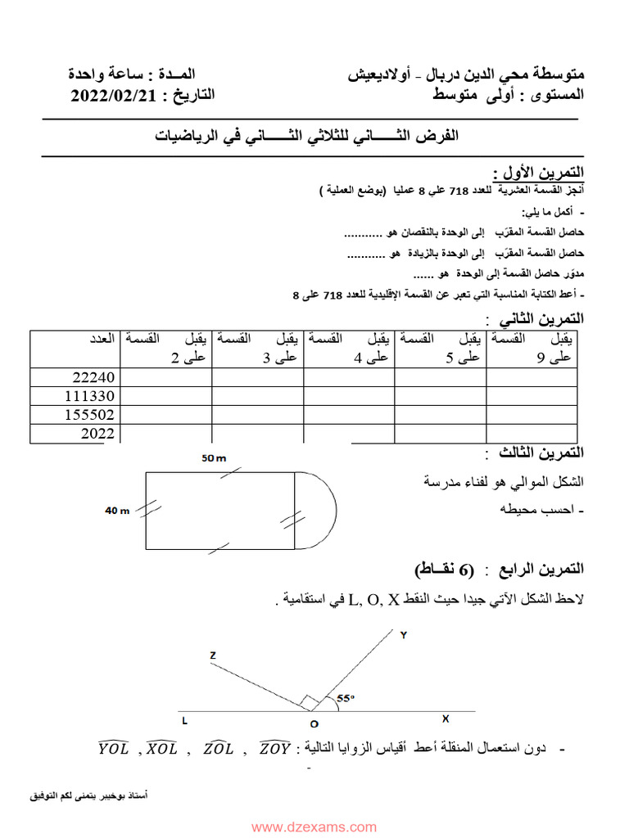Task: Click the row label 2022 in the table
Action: coord(98,434)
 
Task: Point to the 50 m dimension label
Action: coord(214,458)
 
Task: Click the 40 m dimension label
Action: coord(118,510)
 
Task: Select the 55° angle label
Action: coord(346,698)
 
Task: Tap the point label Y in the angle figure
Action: coord(403,634)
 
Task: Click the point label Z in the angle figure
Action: coord(212,655)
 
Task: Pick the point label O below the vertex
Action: coord(314,723)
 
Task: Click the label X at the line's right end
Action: coord(446,719)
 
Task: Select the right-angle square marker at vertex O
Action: coord(307,702)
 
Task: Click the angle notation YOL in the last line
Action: coord(114,748)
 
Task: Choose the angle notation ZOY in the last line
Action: coord(275,748)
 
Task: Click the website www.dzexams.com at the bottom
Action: coord(314,827)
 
